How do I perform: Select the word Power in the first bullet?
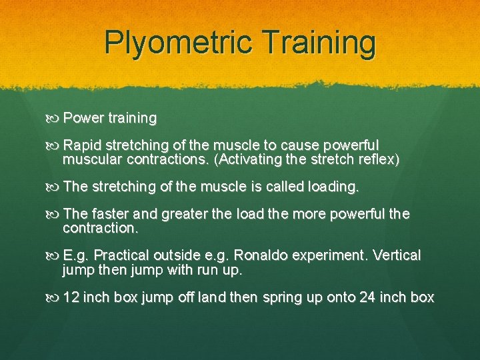click(84, 119)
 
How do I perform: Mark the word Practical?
click(124, 256)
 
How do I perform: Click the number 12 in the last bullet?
click(71, 297)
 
